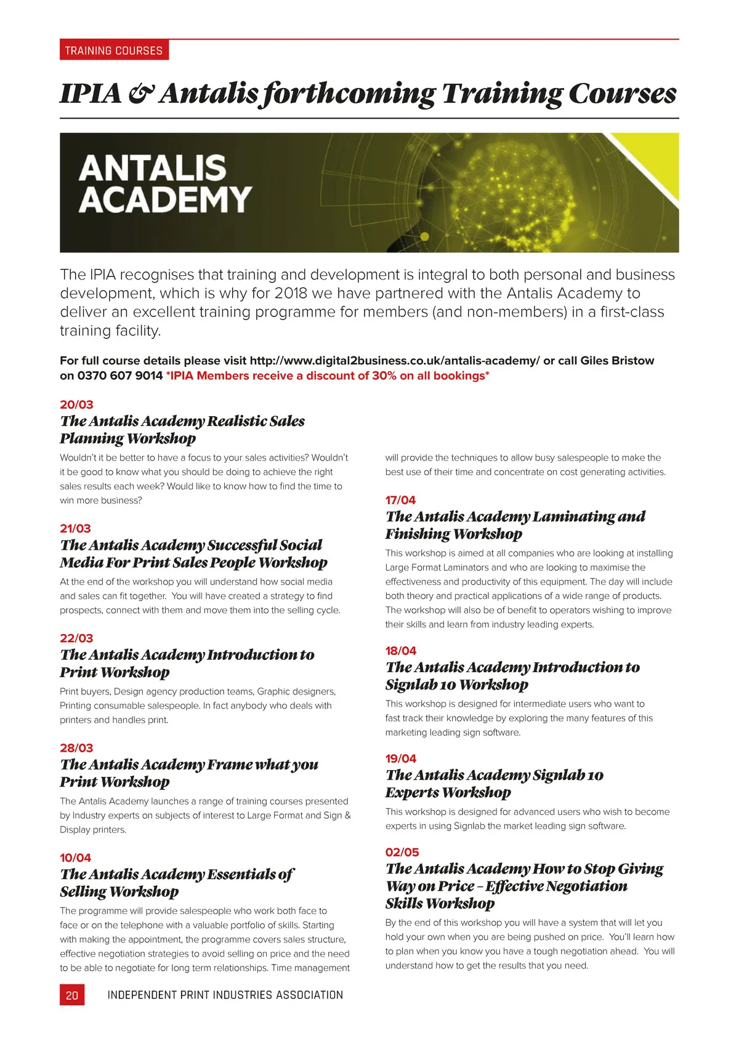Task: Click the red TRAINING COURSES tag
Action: point(114,50)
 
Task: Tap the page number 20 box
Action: point(72,995)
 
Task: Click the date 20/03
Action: point(76,404)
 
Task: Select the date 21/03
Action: point(75,528)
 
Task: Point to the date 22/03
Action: point(76,638)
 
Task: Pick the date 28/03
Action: point(76,748)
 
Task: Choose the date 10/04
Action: point(75,857)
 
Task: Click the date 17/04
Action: point(400,500)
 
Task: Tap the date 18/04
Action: point(401,651)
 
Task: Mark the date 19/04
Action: point(401,758)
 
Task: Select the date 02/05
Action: point(402,852)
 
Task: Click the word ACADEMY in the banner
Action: point(165,199)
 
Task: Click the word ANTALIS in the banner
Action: point(153,167)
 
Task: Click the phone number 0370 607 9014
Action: point(120,375)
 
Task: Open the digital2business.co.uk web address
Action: point(394,361)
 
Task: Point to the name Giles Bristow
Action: point(617,361)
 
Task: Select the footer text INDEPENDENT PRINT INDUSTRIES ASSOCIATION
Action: point(225,995)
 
